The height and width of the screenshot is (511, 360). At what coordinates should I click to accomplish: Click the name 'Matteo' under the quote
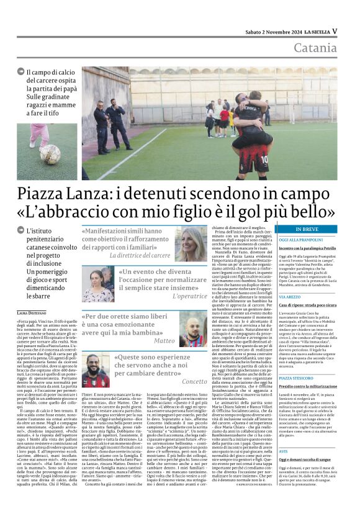(x=164, y=341)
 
